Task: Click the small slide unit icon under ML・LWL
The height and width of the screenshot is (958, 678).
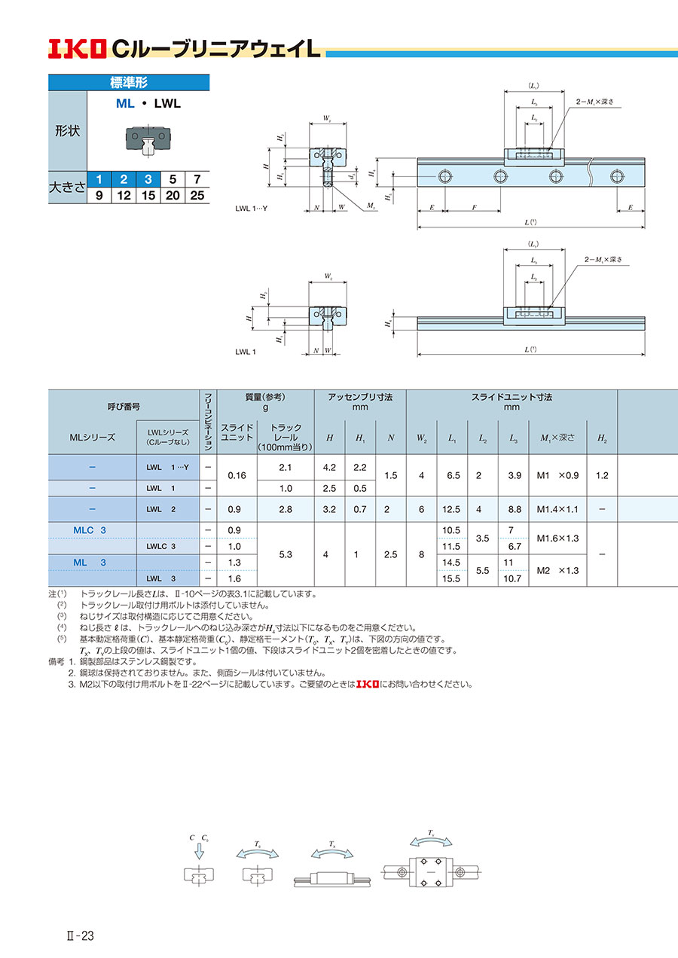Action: click(x=147, y=140)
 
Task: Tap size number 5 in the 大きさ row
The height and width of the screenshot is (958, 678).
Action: click(x=172, y=179)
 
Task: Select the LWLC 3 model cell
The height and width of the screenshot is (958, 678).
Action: click(x=162, y=546)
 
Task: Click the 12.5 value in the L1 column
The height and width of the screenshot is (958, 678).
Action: click(x=452, y=510)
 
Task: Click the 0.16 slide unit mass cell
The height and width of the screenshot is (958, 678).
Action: click(x=237, y=476)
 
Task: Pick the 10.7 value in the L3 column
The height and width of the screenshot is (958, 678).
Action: click(x=512, y=578)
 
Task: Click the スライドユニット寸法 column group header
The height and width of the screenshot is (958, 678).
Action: click(x=512, y=396)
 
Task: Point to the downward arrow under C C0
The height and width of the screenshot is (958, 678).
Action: click(x=199, y=851)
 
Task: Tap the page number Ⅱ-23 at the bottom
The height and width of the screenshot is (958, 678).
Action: click(x=78, y=936)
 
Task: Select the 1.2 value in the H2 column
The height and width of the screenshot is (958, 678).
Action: click(x=601, y=476)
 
